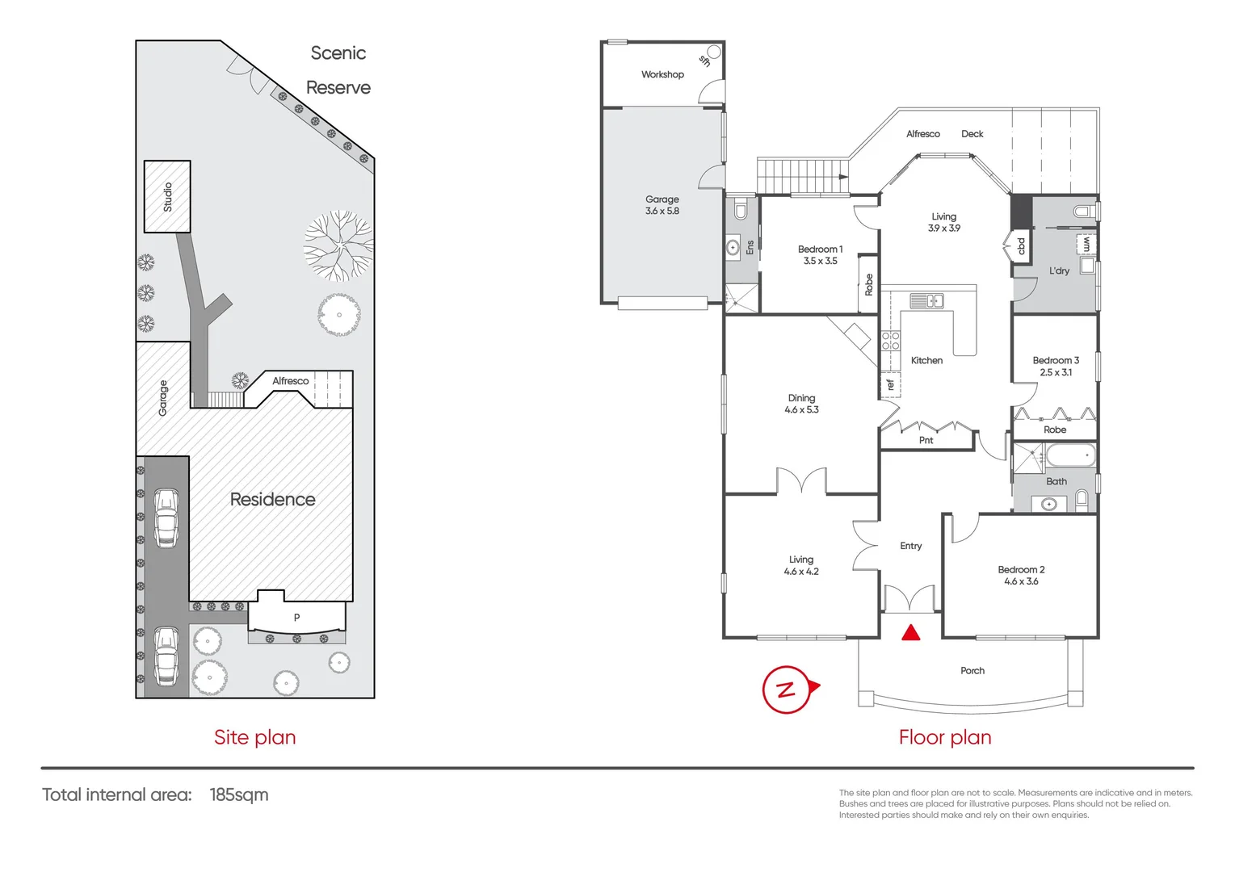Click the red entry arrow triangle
(x=911, y=632)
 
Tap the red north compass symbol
(x=788, y=689)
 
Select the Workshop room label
(x=662, y=74)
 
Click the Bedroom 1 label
(x=820, y=249)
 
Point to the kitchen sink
(x=926, y=301)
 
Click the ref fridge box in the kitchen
(x=890, y=385)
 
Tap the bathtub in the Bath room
(x=1071, y=456)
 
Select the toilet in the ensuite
(x=741, y=209)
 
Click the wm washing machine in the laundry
(x=1086, y=244)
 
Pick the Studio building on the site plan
(x=167, y=196)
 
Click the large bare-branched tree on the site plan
(x=338, y=245)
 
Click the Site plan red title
(x=254, y=737)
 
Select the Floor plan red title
(x=945, y=737)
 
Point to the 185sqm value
(x=239, y=794)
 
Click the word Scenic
(x=338, y=53)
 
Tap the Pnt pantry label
(x=926, y=440)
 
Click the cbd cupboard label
(x=1020, y=245)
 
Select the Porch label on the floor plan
(x=972, y=671)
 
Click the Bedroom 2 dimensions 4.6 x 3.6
(x=1021, y=581)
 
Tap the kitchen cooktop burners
(x=890, y=341)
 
